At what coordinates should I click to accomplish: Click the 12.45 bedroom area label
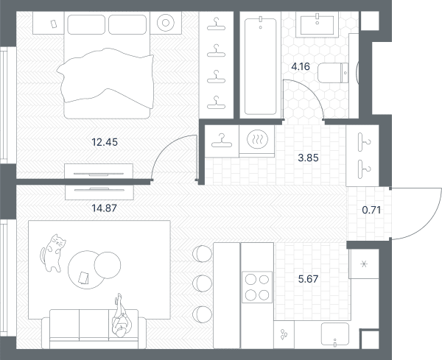pos(105,142)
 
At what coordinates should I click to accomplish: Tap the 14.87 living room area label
pos(105,208)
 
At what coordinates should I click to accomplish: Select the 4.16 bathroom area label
pos(301,67)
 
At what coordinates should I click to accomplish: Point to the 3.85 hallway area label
pos(308,158)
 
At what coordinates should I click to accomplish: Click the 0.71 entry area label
pos(371,210)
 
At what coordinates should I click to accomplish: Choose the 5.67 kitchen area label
pos(308,279)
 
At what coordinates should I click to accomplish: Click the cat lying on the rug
pos(53,253)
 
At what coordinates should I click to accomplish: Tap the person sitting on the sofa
pos(122,316)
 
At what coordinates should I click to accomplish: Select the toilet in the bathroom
pos(334,73)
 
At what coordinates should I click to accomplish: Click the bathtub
pos(261,66)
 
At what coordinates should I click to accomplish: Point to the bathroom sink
pos(317,25)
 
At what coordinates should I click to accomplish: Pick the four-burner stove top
pos(257,287)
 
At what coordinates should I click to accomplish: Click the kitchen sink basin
pos(335,333)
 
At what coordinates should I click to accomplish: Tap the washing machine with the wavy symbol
pos(256,141)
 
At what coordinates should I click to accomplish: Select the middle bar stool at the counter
pos(202,283)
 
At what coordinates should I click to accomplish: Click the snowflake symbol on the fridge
pos(364,264)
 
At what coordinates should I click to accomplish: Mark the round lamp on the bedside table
pos(166,23)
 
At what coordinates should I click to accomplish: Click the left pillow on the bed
pos(86,24)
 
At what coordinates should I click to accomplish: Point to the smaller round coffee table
pos(108,265)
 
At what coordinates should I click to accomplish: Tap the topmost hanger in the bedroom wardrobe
pos(216,24)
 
